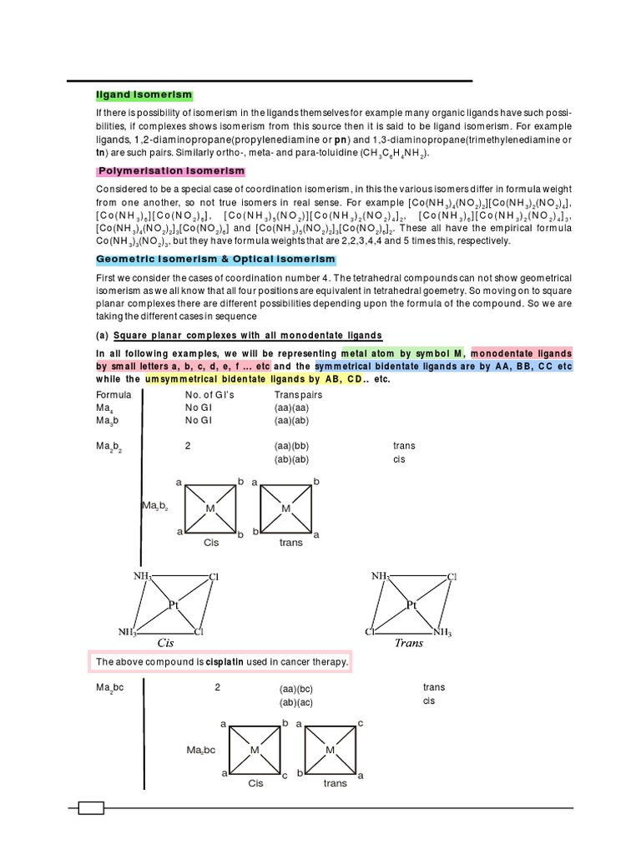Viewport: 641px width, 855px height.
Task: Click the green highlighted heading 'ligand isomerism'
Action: [x=144, y=96]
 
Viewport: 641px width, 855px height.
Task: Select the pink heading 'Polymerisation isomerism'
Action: [x=172, y=171]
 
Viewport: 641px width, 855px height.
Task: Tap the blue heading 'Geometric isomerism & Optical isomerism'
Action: [x=215, y=260]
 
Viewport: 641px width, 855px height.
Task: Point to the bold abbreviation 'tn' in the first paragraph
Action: [x=101, y=153]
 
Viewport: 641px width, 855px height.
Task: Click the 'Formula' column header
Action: [x=114, y=394]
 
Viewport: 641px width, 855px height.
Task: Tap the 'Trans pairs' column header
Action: [x=298, y=394]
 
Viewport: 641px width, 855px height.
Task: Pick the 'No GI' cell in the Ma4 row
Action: [x=199, y=407]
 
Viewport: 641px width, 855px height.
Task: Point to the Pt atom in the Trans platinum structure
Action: [x=411, y=605]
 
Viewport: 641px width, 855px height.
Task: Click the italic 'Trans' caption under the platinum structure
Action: [x=409, y=643]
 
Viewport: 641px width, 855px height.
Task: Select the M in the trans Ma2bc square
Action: [x=331, y=750]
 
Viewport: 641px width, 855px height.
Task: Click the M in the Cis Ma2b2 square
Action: [x=210, y=508]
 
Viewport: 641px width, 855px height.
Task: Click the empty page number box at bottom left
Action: [x=91, y=808]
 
